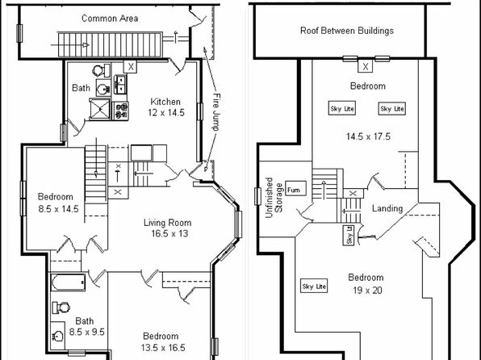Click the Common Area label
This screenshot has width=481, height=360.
pos(110,19)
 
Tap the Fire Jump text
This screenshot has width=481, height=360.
pos(216,112)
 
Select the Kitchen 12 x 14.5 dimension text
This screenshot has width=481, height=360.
pos(166,113)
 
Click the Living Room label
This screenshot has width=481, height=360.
pos(168,223)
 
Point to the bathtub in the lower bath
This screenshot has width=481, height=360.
pos(68,282)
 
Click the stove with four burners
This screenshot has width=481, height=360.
pos(120,111)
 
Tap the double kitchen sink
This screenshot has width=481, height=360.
pos(120,84)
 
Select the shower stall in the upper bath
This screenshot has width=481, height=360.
pos(99,109)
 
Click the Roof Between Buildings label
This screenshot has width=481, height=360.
pos(347,31)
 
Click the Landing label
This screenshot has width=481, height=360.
pos(387,208)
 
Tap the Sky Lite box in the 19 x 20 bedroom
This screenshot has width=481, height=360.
pos(314,286)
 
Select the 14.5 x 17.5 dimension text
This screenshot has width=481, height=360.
pos(368,136)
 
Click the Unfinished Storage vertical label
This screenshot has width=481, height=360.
pos(274,198)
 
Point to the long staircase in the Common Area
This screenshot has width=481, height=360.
pos(110,44)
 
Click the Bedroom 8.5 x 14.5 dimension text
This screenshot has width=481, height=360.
pos(58,209)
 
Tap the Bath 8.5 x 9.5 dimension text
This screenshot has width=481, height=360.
pos(87,332)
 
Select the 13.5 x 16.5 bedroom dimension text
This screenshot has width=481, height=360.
pos(163,348)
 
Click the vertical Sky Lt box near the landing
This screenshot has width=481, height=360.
pos(348,236)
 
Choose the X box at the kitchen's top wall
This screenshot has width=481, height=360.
pos(131,67)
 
